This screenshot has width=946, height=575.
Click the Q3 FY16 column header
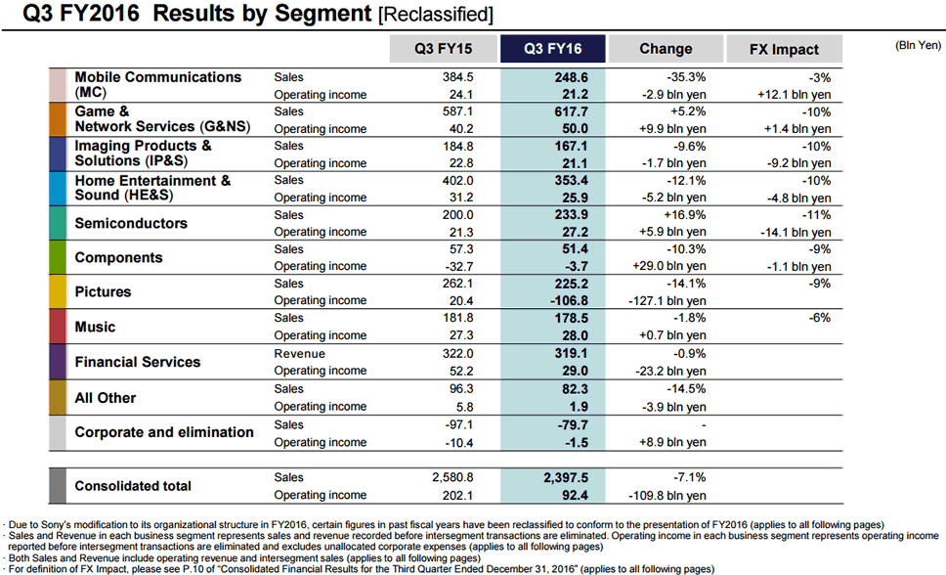pos(552,49)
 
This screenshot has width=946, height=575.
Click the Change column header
pos(666,49)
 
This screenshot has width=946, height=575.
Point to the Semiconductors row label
pos(131,223)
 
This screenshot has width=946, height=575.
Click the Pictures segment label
pos(103,291)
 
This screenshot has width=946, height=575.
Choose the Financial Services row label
pos(138,362)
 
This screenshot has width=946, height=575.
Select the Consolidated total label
pos(133,486)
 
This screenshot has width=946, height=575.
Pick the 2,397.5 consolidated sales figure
pos(561,477)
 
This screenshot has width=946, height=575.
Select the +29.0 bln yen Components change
pos(667,266)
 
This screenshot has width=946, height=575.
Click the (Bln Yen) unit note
pos(918,45)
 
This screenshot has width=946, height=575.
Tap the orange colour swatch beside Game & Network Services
pos(58,119)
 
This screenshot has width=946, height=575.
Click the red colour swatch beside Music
pos(58,327)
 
